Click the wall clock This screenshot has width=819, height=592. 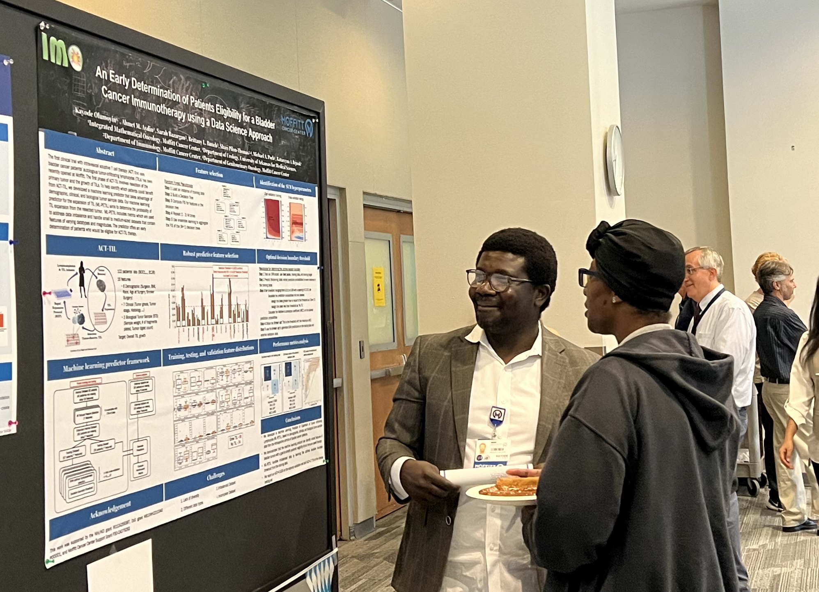tap(615, 160)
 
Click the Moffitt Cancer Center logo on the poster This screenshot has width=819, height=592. tap(297, 125)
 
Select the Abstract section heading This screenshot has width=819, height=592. tap(105, 151)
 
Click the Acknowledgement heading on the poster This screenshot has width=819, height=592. tap(110, 510)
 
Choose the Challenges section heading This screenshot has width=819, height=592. tap(216, 476)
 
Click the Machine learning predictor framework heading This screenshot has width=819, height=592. tap(106, 364)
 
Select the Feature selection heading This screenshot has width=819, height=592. tap(209, 172)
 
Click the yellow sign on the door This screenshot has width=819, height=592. tap(379, 286)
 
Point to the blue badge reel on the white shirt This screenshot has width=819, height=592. tap(497, 415)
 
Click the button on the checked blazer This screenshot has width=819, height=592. tap(448, 520)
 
